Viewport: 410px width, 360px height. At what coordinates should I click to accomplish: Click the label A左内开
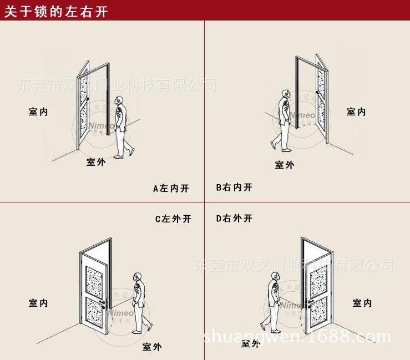pyautogui.click(x=171, y=189)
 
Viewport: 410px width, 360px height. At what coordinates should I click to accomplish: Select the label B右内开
pyautogui.click(x=234, y=187)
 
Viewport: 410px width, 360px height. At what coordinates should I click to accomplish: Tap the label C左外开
pyautogui.click(x=173, y=219)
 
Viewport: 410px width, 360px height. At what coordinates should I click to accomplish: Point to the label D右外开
pyautogui.click(x=234, y=219)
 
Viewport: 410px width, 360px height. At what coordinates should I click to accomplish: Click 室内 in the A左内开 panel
pyautogui.click(x=39, y=112)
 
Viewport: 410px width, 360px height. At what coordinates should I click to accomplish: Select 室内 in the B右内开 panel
pyautogui.click(x=356, y=112)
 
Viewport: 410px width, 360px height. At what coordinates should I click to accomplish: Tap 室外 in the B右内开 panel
pyautogui.click(x=285, y=165)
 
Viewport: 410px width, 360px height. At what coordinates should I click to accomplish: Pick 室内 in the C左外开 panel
pyautogui.click(x=39, y=303)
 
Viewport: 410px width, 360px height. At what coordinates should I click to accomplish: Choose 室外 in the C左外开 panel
pyautogui.click(x=152, y=347)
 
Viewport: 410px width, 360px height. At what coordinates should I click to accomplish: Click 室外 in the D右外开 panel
pyautogui.click(x=251, y=344)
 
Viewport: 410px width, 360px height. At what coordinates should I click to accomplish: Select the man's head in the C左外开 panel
pyautogui.click(x=137, y=276)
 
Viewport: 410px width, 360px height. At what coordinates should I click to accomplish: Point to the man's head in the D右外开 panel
pyautogui.click(x=274, y=275)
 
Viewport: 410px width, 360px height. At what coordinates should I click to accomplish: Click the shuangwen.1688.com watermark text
pyautogui.click(x=297, y=337)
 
